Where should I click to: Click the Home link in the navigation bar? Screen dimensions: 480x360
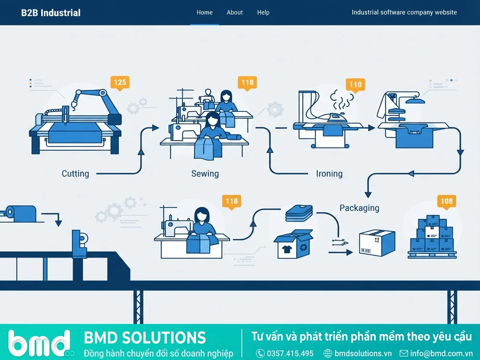204,12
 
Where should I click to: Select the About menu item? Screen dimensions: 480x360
235,12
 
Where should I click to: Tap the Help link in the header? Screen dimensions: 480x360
263,12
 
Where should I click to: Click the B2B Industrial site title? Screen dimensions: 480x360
51,13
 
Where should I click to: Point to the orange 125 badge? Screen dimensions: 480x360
120,83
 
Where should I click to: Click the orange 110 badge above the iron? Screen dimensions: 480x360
355,84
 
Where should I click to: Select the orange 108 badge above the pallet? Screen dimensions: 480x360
446,201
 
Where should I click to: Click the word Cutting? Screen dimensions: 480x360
75,174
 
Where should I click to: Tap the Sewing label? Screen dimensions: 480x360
205,174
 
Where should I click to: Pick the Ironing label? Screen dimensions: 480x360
329,174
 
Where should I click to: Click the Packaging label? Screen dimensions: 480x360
360,208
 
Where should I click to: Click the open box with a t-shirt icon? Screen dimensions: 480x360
293,244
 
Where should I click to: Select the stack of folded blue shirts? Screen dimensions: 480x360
299,213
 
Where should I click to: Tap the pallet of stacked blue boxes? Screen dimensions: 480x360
432,237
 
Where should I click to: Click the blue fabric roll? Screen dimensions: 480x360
21,214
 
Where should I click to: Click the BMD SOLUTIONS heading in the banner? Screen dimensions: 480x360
145,337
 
